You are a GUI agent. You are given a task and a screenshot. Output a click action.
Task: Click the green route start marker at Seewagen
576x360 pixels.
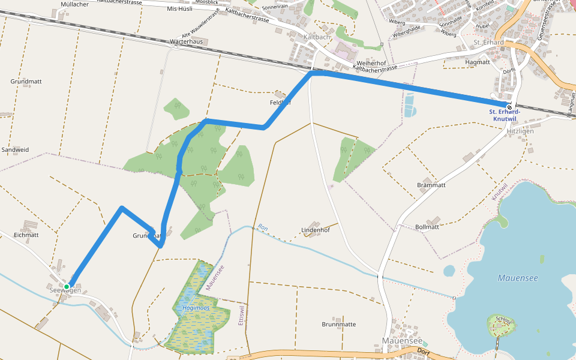point(67,287)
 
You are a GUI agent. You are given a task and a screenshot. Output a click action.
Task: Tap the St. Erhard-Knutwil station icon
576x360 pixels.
point(509,107)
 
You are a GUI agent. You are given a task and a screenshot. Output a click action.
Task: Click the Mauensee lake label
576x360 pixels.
point(518,278)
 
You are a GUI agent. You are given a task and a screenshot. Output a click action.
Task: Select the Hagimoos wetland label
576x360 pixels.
point(196,308)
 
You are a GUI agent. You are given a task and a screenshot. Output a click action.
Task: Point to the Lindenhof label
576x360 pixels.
point(316,230)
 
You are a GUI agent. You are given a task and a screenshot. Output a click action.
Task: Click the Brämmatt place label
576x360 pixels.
point(431,185)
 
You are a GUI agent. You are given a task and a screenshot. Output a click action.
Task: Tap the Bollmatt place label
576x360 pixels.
point(427,227)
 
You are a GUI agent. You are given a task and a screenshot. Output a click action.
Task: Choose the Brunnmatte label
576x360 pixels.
point(338,324)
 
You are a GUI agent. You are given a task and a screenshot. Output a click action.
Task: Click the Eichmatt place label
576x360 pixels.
point(26,235)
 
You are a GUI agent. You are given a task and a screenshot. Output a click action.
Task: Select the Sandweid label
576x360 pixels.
point(15,149)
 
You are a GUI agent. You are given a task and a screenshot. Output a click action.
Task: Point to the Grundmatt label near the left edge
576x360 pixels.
point(25,81)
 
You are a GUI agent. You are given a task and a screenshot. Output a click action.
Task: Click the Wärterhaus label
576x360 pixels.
point(187,41)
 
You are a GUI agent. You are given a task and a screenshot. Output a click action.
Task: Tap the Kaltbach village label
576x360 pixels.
point(317,37)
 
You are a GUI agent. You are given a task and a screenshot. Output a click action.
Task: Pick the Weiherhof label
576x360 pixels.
point(371,63)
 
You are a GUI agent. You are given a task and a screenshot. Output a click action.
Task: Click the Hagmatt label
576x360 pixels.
point(478,62)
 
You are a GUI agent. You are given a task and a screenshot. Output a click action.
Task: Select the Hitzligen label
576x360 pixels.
point(520,131)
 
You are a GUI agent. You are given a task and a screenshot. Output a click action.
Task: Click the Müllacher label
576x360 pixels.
point(75,4)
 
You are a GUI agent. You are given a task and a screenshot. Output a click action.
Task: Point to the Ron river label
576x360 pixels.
point(262,227)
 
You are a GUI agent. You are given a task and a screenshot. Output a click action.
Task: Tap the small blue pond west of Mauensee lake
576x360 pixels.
point(449,271)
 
